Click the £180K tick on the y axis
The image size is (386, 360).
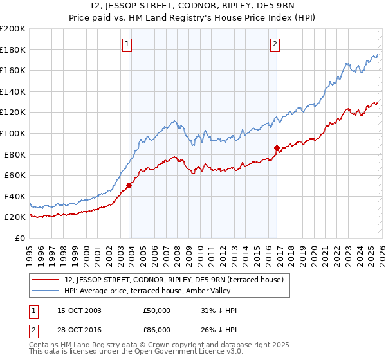13,50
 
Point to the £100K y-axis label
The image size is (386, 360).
13,133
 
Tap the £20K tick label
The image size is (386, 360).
15,217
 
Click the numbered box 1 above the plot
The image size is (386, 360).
127,44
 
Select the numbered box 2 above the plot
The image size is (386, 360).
275,44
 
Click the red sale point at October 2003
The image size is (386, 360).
129,185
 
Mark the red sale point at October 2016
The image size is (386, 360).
277,148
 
